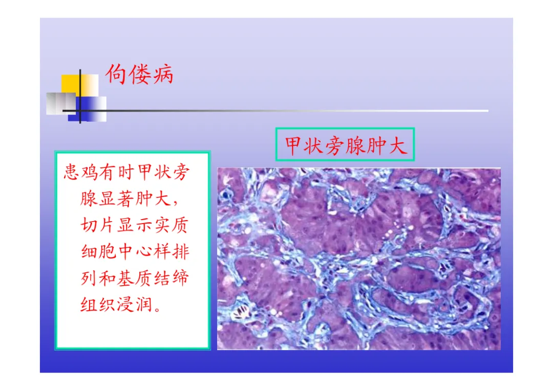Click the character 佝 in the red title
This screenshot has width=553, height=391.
[116, 74]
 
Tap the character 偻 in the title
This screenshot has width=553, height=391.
[139, 74]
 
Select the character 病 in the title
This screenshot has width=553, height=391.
[163, 74]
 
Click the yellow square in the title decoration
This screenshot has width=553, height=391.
[80, 85]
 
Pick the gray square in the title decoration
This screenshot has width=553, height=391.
[60, 103]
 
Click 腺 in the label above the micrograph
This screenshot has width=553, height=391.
[355, 145]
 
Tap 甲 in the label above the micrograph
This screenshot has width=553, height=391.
[293, 145]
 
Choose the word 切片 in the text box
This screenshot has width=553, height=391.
[98, 225]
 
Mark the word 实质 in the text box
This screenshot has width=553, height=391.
[171, 225]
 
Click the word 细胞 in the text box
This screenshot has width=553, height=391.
[98, 251]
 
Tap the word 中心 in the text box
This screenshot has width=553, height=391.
[135, 251]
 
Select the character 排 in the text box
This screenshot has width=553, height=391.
[180, 251]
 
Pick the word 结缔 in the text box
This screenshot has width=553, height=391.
[171, 278]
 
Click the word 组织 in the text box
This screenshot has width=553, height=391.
[98, 304]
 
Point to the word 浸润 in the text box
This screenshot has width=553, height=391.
[135, 304]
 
